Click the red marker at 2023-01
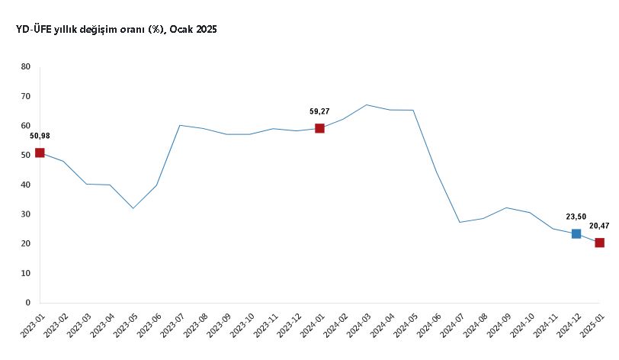click(40, 153)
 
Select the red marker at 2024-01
click(319, 128)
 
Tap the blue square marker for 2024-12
click(576, 233)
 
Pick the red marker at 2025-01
click(600, 243)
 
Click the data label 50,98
click(40, 136)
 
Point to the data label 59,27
click(319, 111)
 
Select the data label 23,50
click(576, 216)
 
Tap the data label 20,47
click(599, 226)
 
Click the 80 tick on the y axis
click(26, 67)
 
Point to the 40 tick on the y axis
click(26, 185)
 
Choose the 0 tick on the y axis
click(28, 303)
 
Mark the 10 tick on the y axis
click(26, 273)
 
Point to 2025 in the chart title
click(206, 29)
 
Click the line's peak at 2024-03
click(367, 104)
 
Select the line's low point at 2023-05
click(133, 208)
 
